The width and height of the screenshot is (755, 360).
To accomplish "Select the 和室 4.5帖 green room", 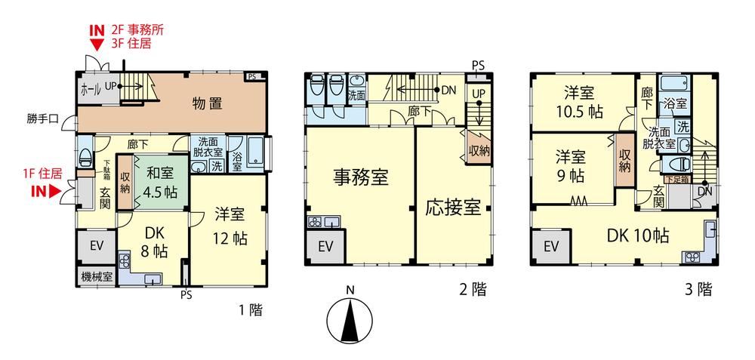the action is point(160,183).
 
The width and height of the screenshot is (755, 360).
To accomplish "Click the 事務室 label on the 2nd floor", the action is point(361,177).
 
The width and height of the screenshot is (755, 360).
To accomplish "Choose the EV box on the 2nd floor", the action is point(325,247).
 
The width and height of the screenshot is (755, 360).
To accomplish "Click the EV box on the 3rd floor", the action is point(551,247).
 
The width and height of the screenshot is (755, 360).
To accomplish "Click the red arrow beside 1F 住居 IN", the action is point(54,192).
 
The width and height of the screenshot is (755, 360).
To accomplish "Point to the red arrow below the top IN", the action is point(97,45).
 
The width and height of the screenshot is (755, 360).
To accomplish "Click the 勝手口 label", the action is point(42,118).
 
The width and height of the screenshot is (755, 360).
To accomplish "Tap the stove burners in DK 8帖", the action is point(125,261).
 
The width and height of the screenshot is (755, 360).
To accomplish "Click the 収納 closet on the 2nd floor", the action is point(478,149).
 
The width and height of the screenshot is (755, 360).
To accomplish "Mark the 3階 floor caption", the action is point(698,289).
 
